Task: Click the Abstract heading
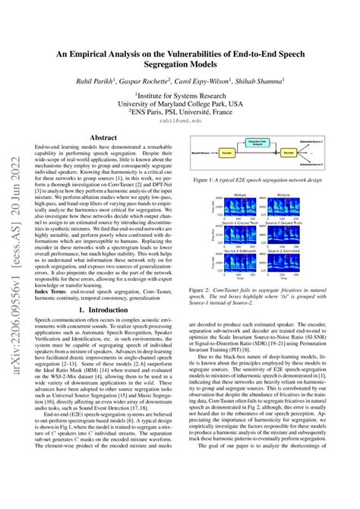(x=103, y=137)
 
